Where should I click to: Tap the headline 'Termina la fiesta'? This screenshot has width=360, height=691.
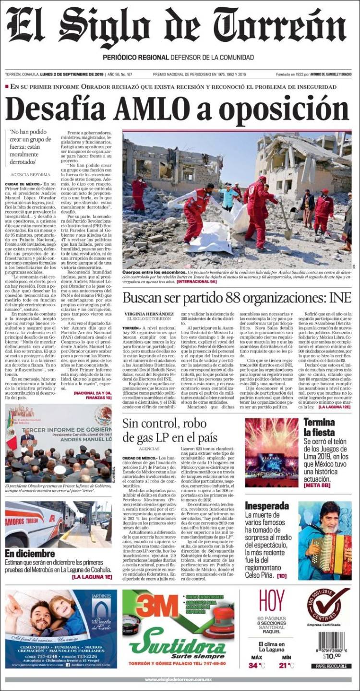(x=319, y=427)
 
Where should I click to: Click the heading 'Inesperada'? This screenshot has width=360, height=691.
(x=267, y=506)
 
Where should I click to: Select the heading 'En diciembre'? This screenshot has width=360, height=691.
(x=30, y=553)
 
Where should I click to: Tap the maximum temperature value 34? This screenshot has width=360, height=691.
(x=253, y=665)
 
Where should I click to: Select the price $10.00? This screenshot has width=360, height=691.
(x=331, y=655)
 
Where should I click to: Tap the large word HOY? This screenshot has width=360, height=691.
(x=272, y=601)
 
